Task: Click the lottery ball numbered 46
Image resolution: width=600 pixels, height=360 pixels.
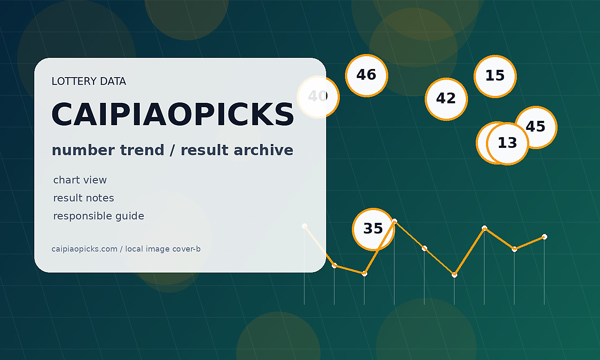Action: click(x=366, y=75)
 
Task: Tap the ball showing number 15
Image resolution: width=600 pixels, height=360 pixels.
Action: click(x=495, y=76)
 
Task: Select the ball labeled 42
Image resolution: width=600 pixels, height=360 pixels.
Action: click(x=446, y=99)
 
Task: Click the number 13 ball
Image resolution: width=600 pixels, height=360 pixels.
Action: click(x=507, y=144)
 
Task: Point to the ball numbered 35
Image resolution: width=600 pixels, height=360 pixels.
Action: click(x=373, y=229)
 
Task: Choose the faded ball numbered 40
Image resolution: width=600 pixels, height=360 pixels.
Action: click(x=318, y=97)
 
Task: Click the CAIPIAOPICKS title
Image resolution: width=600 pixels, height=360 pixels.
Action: click(x=173, y=114)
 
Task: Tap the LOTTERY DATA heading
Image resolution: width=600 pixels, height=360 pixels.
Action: click(x=89, y=81)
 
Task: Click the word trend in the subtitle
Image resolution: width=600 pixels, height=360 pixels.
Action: click(x=142, y=150)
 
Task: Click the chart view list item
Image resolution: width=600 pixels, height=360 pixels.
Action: click(x=80, y=180)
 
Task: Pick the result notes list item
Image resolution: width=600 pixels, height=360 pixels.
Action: click(x=84, y=198)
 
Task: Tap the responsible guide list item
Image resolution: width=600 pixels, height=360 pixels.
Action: click(x=99, y=216)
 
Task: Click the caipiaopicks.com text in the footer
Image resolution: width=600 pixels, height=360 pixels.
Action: click(x=84, y=249)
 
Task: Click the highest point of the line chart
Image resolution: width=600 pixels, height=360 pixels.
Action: click(x=394, y=221)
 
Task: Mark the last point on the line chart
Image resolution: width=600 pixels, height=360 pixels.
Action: click(x=544, y=237)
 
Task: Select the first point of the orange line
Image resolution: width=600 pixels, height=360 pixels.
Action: click(x=304, y=226)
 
